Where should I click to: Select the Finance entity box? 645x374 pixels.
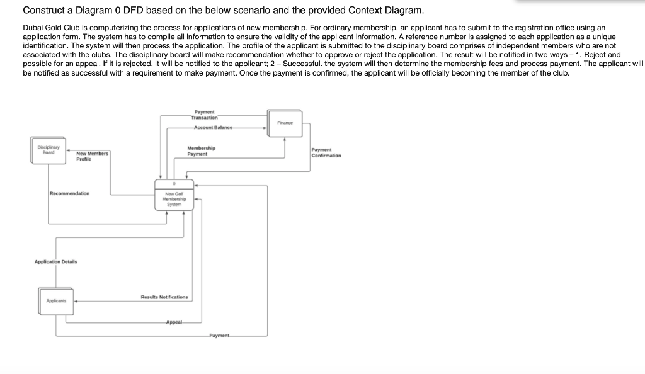click(x=285, y=123)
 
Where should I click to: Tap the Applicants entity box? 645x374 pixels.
click(x=55, y=302)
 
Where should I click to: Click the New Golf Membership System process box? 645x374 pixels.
click(x=174, y=197)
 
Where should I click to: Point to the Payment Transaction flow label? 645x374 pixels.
click(x=204, y=114)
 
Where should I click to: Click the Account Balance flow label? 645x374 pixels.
click(x=214, y=127)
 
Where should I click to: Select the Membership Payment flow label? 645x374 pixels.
click(x=201, y=151)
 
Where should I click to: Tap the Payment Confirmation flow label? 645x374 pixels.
click(x=326, y=152)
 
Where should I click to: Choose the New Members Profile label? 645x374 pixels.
click(x=92, y=156)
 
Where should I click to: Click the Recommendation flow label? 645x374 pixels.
click(x=69, y=193)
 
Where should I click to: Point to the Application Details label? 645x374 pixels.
click(x=55, y=261)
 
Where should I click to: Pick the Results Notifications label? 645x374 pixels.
click(x=164, y=297)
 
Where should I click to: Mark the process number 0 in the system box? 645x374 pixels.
click(x=174, y=183)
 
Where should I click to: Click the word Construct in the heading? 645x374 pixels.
click(x=43, y=11)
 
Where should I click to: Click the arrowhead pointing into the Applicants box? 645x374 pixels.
click(x=76, y=302)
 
